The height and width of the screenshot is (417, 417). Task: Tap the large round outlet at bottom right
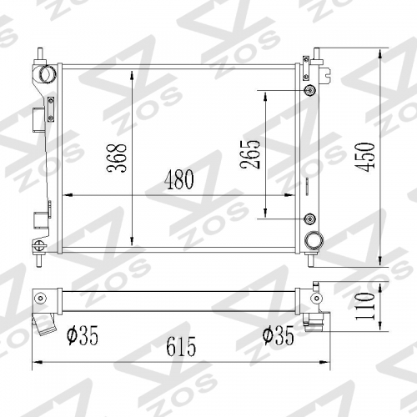pos(313,241)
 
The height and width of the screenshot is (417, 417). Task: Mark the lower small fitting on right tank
pos(310,219)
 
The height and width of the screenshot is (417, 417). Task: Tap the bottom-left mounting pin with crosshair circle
pos(38,244)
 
